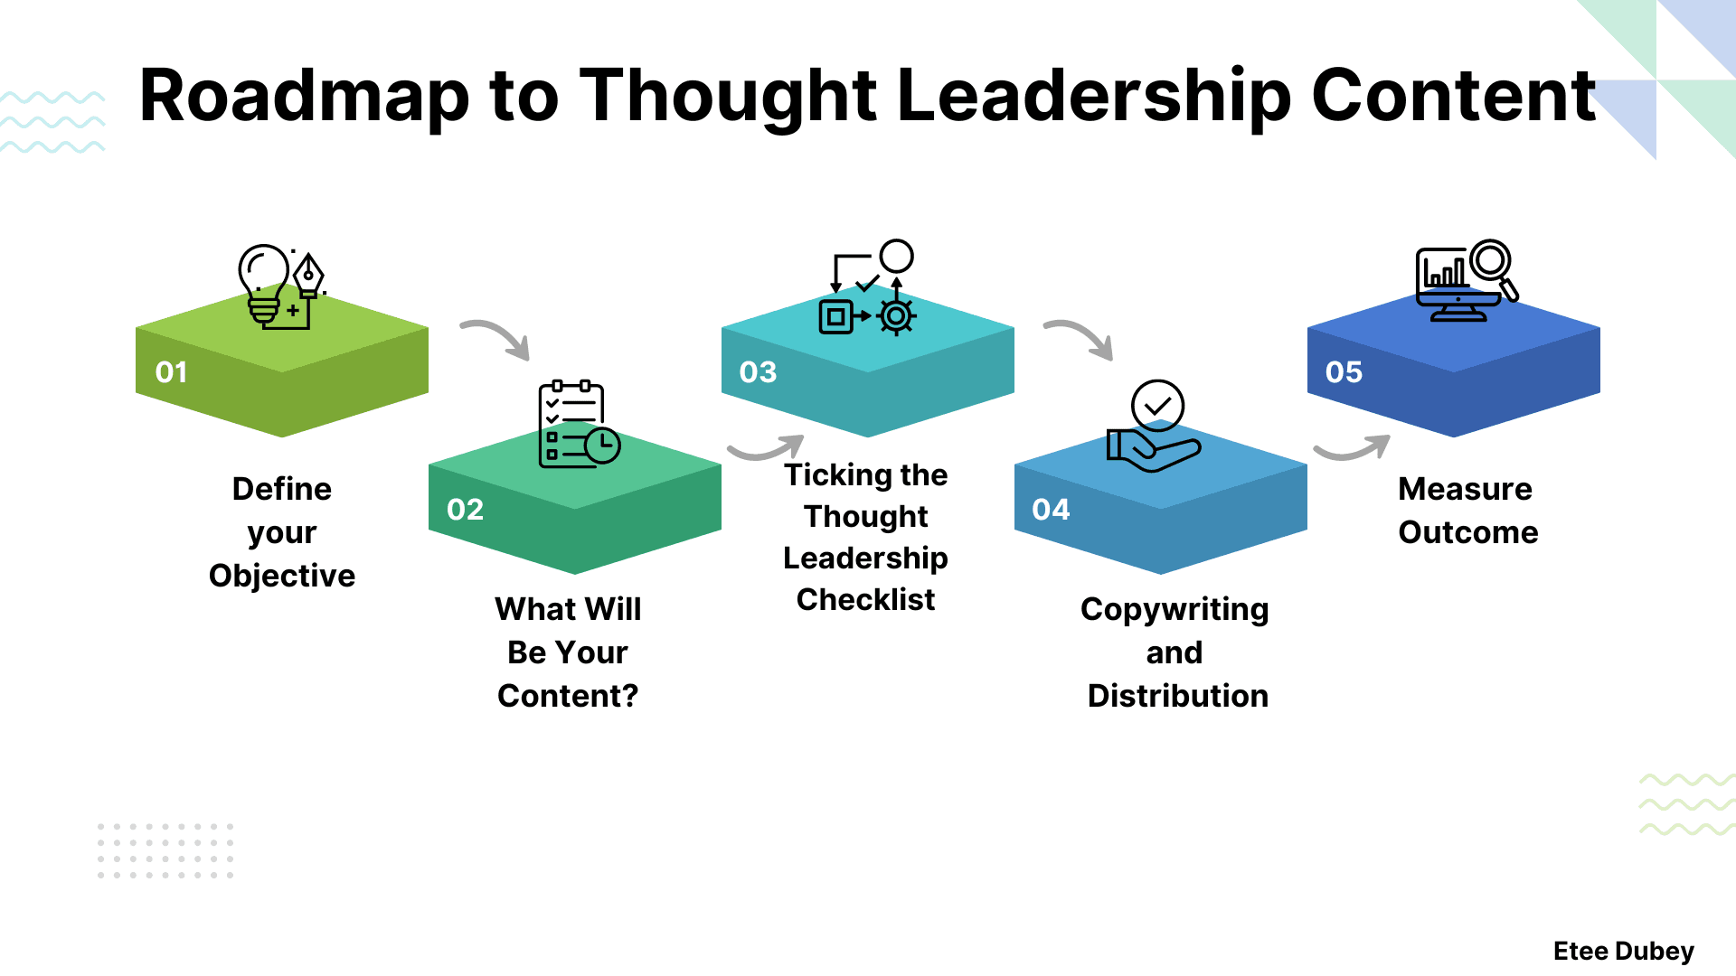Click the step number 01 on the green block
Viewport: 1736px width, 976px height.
171,372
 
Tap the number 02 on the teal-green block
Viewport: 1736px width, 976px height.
465,510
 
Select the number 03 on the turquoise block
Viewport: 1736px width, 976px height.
758,372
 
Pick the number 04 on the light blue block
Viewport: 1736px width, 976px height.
1051,510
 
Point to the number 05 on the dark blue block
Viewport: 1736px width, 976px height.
1344,372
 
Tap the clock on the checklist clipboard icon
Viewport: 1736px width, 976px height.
602,446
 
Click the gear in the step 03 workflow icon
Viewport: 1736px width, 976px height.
896,316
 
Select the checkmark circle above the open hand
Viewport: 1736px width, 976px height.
1157,406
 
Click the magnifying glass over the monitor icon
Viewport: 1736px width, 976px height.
1493,265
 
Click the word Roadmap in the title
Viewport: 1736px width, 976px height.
304,96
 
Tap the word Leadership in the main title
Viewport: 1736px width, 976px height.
1094,96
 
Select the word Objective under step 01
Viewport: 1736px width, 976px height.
282,576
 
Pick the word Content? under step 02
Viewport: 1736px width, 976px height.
568,696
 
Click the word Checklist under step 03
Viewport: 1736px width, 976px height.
865,599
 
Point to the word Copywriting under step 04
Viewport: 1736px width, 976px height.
1175,610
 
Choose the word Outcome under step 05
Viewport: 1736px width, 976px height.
1467,532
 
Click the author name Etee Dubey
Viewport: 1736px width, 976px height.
1623,951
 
